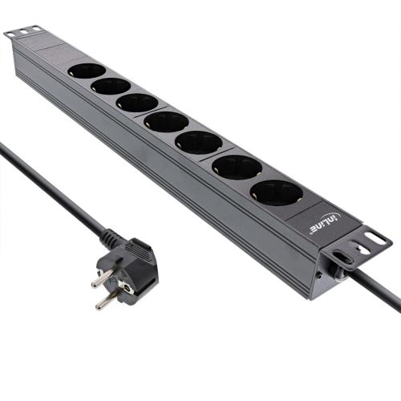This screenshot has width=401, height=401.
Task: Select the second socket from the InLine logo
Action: [x=237, y=167]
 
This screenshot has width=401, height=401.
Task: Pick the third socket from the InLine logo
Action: [x=198, y=143]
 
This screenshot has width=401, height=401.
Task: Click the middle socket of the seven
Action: [x=167, y=122]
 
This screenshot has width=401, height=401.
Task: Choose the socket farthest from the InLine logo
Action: [x=86, y=71]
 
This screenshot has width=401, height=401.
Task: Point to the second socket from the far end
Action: [x=111, y=86]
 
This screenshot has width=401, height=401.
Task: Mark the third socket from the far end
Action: [x=137, y=103]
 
